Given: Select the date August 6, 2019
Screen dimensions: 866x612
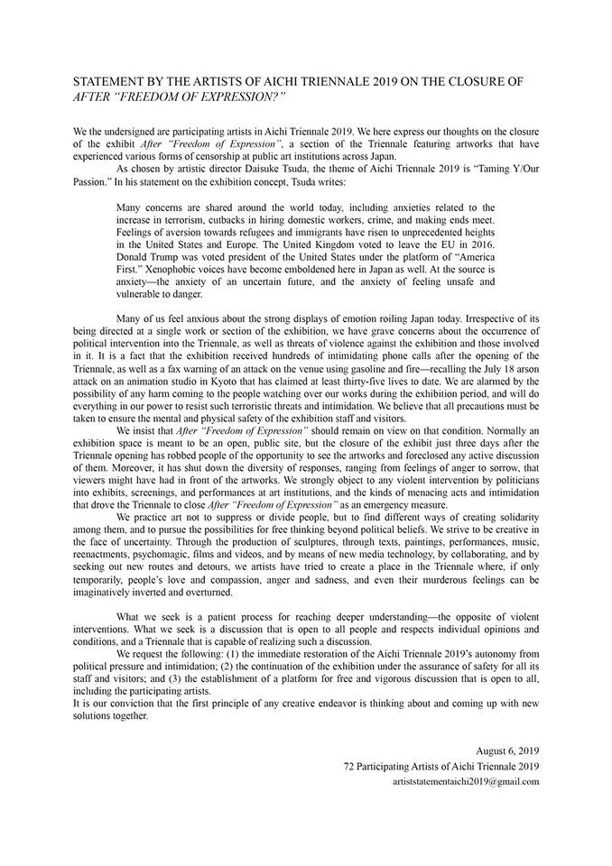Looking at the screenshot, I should [507, 750].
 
